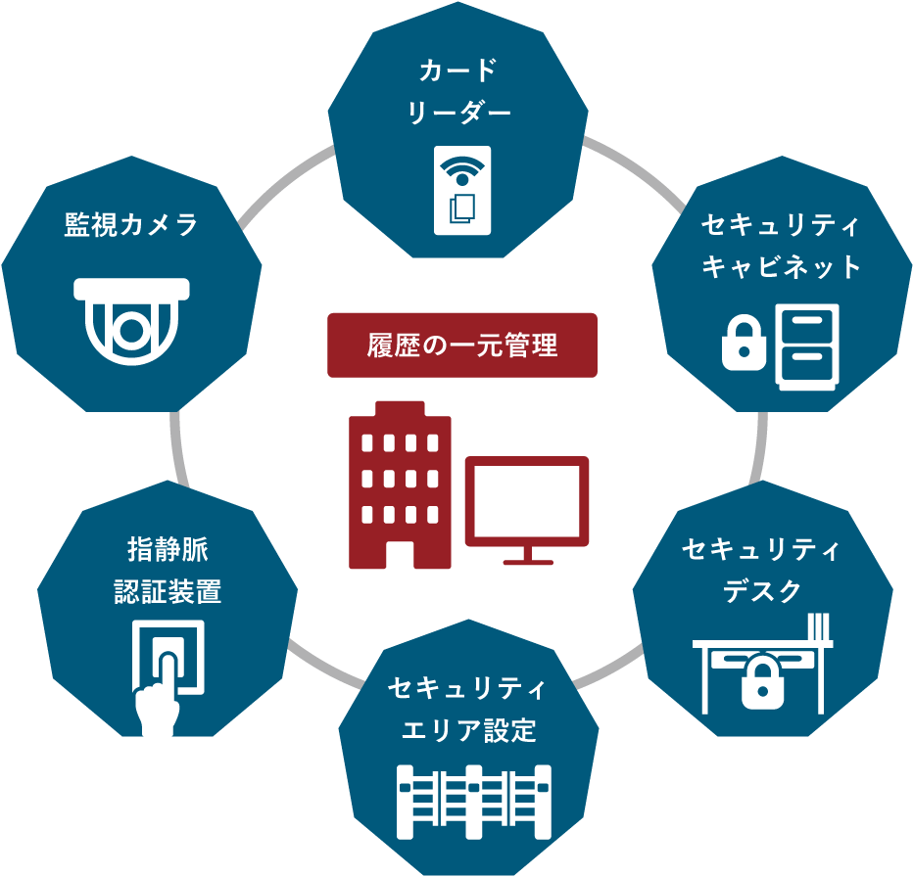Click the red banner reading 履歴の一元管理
coord(461,345)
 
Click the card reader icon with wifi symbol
coord(462,191)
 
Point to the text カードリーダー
coord(459,92)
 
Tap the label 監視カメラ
coord(131,225)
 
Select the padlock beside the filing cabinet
coord(744,344)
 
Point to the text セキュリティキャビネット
coord(781,247)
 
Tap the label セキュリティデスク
coord(761,571)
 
